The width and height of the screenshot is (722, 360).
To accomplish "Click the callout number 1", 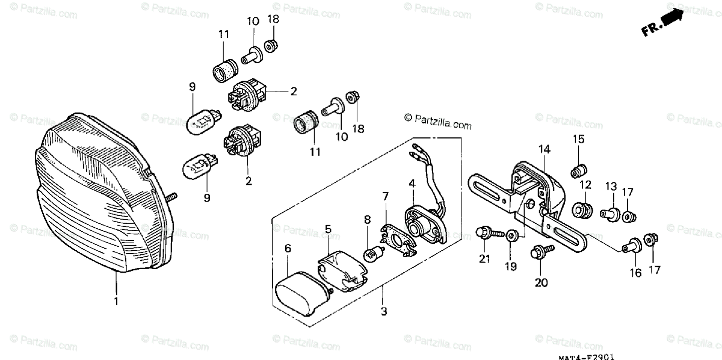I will click(x=116, y=300).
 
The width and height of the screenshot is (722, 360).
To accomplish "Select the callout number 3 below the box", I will click(x=383, y=311).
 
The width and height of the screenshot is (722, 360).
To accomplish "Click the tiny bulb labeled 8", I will click(x=373, y=254).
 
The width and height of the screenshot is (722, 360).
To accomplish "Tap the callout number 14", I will click(x=544, y=149).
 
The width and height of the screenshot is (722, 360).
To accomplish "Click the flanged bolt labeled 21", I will click(x=484, y=232).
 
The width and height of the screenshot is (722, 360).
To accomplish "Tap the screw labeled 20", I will click(x=537, y=252).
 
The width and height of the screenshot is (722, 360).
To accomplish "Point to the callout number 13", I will click(x=611, y=186).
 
